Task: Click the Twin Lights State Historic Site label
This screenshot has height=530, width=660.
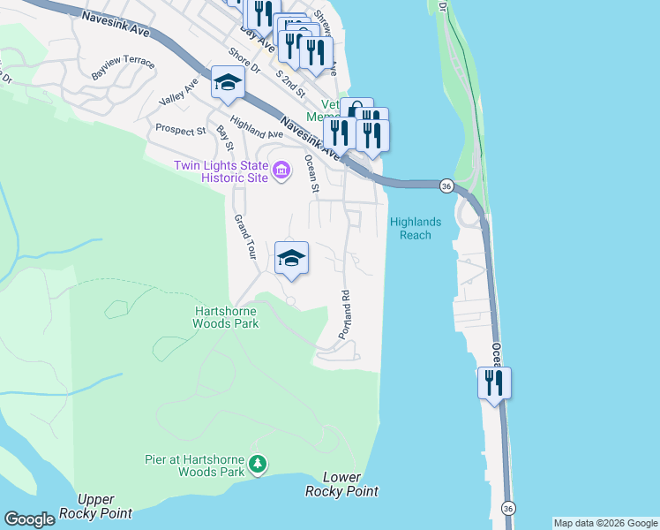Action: [220, 171]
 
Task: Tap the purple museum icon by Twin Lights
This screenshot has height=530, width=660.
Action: [281, 170]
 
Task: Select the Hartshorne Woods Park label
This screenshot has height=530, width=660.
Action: [226, 317]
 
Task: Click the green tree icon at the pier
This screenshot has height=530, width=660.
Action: [258, 464]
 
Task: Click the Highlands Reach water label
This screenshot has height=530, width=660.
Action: [416, 228]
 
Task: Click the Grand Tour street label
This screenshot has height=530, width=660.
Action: [244, 236]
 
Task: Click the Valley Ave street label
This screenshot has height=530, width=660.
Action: [178, 93]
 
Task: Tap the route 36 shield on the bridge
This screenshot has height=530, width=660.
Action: [446, 185]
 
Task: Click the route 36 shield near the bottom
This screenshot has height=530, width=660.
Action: [507, 509]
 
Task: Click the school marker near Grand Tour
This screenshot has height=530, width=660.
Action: [292, 258]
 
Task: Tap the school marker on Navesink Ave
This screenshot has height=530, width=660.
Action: [228, 84]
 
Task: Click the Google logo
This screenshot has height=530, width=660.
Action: [29, 519]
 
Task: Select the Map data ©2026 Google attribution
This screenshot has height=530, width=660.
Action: [605, 523]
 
